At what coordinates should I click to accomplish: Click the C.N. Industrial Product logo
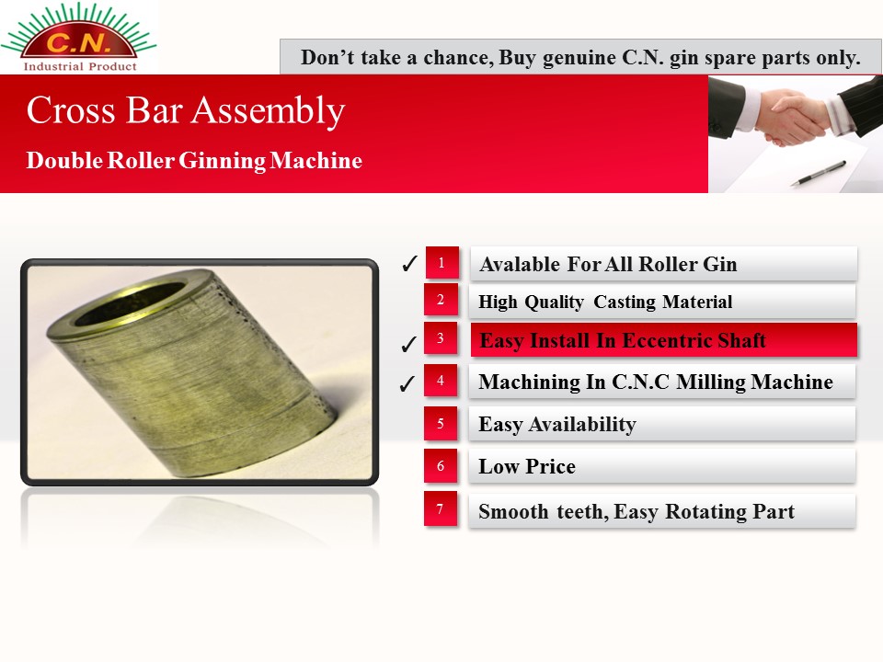click(x=79, y=37)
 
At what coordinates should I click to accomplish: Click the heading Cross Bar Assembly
click(x=185, y=110)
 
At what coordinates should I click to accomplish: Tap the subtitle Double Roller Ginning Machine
click(x=194, y=160)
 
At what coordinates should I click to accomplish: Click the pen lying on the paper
click(x=819, y=173)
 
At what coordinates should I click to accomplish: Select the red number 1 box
click(x=442, y=262)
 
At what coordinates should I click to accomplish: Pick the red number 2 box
click(x=441, y=300)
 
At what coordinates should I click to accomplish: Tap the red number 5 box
click(x=441, y=423)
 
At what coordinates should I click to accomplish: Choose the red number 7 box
click(x=441, y=508)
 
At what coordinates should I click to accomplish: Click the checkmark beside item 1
click(x=410, y=263)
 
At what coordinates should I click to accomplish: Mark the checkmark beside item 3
click(x=408, y=343)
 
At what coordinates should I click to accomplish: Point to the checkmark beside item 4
click(x=407, y=383)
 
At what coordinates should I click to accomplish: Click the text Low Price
click(x=527, y=466)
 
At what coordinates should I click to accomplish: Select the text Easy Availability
click(x=557, y=425)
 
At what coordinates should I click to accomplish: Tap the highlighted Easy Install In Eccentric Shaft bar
click(x=664, y=340)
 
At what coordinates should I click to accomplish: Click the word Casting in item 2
click(x=625, y=302)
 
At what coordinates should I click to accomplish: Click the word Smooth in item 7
click(x=513, y=512)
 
